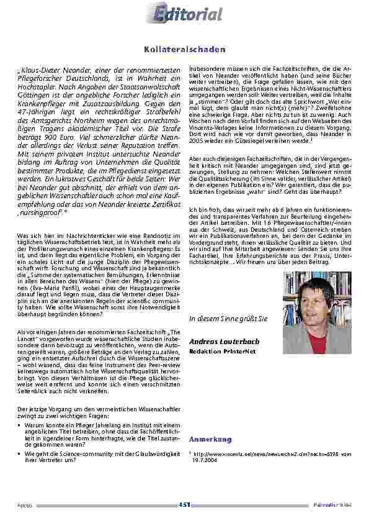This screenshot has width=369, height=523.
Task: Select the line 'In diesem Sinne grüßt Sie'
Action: (x=228, y=318)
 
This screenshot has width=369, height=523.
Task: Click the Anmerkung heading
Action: (x=210, y=440)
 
